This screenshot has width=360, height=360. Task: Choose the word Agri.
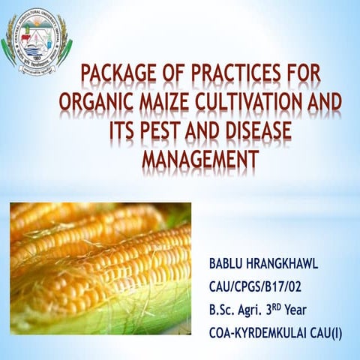click(263, 309)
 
